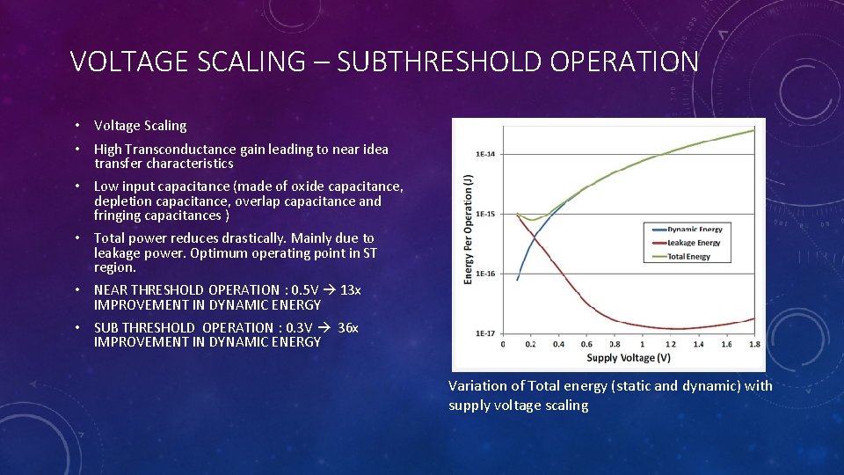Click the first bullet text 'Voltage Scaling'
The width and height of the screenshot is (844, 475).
[140, 126]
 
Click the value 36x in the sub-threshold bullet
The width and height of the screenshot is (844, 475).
[347, 327]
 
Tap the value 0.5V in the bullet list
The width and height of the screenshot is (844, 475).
[303, 289]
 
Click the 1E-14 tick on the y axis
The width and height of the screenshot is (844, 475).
[484, 154]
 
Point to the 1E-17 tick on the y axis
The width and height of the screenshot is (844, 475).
[484, 333]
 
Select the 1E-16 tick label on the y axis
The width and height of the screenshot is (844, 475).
[484, 274]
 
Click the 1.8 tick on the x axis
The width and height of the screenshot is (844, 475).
[754, 345]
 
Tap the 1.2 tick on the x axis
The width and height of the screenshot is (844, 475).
[670, 345]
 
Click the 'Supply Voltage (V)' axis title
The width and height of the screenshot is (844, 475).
[629, 357]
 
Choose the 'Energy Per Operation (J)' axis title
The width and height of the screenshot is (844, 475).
[468, 228]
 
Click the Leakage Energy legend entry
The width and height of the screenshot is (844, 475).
[693, 243]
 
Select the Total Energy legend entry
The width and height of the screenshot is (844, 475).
[688, 256]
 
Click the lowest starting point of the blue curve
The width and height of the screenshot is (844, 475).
[517, 280]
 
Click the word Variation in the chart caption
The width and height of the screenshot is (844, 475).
[478, 385]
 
